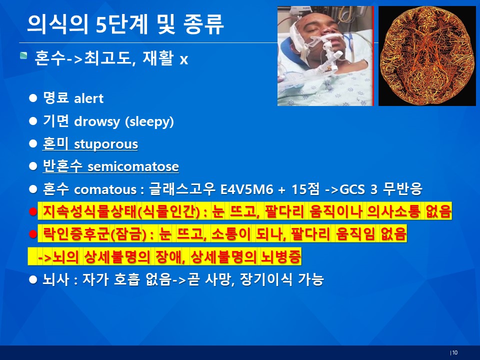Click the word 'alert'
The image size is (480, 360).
pos(89,98)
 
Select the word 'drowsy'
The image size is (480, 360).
pos(97,121)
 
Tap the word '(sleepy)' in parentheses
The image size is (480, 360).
pos(149,121)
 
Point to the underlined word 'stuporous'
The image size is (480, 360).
pos(106,144)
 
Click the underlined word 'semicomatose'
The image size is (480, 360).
pos(133,166)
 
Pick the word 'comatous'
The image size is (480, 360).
pos(105,189)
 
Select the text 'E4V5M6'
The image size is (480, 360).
pos(246,189)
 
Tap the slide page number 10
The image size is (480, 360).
pos(454,352)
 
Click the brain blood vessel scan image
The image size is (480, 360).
pos(427,56)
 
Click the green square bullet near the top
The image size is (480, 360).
pos(23,55)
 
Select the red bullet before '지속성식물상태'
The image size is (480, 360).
pos(33,211)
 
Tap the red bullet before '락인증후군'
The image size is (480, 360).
pos(33,234)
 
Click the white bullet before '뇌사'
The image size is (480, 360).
pos(33,279)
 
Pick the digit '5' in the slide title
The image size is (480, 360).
pos(101,24)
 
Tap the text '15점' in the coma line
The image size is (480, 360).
pos(305,189)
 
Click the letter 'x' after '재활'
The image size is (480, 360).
pos(183,59)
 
